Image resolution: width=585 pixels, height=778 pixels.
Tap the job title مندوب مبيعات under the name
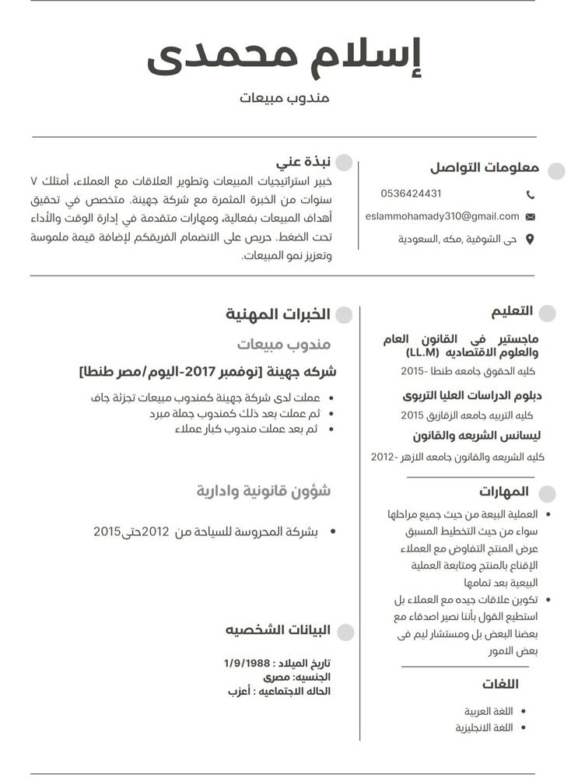[285, 98]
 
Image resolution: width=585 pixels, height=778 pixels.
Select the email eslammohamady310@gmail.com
[442, 216]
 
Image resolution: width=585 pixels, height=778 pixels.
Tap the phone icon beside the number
[531, 194]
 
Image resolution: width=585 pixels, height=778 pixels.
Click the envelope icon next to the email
[531, 217]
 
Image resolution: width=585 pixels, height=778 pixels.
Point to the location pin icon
[531, 240]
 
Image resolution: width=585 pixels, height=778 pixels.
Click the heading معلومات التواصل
[485, 168]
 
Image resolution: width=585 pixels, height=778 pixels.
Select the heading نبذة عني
[303, 163]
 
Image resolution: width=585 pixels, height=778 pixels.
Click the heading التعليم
[512, 311]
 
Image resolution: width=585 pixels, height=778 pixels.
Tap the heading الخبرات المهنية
[278, 314]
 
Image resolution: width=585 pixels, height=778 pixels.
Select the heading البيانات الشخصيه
[278, 629]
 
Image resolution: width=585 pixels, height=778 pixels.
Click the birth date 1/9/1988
[247, 663]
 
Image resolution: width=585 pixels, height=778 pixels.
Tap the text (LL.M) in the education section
[422, 353]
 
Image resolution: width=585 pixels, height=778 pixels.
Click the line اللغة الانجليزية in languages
[484, 727]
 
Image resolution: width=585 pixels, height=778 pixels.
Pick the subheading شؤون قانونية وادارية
[263, 491]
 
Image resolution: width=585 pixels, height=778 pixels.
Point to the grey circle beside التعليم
[547, 313]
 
